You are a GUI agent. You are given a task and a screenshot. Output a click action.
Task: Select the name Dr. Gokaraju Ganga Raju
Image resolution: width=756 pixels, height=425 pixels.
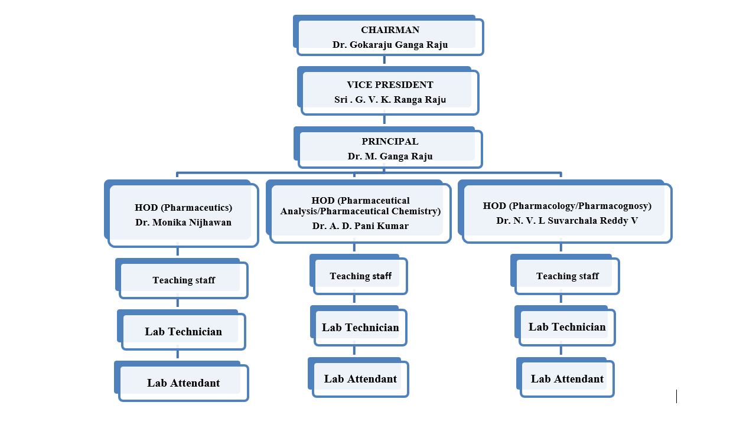[390, 45]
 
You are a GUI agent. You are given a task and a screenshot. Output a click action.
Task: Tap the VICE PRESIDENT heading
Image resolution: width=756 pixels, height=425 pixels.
[390, 85]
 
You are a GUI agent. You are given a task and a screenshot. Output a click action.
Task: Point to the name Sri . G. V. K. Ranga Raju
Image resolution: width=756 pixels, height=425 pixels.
[390, 100]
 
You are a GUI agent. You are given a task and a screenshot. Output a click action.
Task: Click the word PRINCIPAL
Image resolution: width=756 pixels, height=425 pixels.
[390, 142]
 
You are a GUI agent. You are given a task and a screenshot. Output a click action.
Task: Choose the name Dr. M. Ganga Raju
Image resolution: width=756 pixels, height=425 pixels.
[390, 156]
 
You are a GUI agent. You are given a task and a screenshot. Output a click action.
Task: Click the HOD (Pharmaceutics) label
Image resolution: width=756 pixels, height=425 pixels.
[183, 208]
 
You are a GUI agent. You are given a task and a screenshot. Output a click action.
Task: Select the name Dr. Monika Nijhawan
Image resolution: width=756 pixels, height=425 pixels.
[183, 223]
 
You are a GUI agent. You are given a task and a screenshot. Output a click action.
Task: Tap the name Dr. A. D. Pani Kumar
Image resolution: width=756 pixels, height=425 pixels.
[360, 225]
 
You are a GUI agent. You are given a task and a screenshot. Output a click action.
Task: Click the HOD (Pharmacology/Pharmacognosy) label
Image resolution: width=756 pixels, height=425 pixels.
[567, 206]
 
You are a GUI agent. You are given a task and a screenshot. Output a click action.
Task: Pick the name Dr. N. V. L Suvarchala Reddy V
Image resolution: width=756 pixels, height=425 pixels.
[567, 221]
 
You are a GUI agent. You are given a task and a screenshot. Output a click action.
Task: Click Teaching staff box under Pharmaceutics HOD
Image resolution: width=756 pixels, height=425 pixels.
[183, 280]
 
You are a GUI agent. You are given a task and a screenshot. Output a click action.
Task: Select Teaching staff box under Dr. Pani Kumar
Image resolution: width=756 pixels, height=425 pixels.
[360, 276]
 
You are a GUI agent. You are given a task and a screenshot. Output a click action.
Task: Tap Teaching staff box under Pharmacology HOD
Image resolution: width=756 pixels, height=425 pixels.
[567, 276]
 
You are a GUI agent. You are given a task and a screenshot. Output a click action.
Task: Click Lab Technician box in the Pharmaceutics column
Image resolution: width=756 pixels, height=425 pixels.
[183, 332]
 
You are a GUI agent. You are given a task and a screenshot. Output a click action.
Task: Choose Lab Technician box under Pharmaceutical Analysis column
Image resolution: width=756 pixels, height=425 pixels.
[360, 328]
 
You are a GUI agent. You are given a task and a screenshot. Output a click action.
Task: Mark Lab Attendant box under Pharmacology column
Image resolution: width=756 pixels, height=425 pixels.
[567, 379]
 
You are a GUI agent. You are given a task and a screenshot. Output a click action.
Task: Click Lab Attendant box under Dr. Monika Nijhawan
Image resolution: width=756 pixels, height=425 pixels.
[183, 383]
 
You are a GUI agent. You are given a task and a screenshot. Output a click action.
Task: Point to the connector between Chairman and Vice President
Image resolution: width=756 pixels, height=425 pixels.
[384, 60]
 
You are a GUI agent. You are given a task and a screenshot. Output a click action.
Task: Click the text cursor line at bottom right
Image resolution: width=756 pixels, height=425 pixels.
[676, 396]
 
